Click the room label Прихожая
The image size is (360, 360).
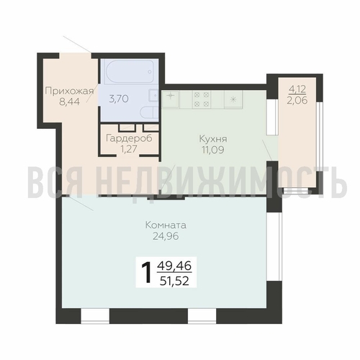[x=69, y=91]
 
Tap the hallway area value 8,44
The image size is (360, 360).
[x=69, y=102]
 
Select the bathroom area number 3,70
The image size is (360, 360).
[x=119, y=99]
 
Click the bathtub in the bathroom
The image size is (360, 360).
[x=130, y=71]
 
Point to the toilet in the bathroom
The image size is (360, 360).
[x=149, y=112]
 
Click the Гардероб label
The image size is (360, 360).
[x=129, y=138]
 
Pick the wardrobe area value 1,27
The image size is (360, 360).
[x=129, y=149]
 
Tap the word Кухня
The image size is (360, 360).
[x=213, y=139]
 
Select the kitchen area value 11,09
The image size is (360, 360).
[x=213, y=150]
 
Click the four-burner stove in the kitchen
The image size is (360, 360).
[x=202, y=99]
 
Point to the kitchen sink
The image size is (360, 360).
[x=171, y=99]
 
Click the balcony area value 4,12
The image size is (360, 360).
[x=297, y=89]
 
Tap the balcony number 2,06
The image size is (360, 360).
[x=297, y=100]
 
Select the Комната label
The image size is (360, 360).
[x=166, y=225]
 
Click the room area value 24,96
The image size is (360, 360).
[x=166, y=236]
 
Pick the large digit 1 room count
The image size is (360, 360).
[x=146, y=272]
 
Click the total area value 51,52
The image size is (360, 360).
[x=174, y=281]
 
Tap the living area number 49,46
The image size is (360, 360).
[x=174, y=266]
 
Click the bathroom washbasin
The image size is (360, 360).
[x=153, y=95]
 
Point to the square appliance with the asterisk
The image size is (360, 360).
[x=233, y=99]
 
